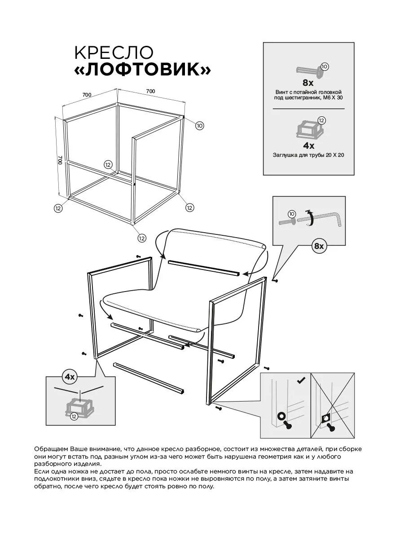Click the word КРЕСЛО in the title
pyautogui.click(x=114, y=52)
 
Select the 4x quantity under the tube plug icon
pyautogui.click(x=308, y=146)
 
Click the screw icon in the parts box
pyautogui.click(x=310, y=70)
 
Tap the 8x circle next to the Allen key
pyautogui.click(x=319, y=246)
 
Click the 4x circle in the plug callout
pyautogui.click(x=69, y=376)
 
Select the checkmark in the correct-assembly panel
pyautogui.click(x=301, y=381)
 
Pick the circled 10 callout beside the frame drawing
pyautogui.click(x=199, y=126)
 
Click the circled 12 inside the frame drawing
pyautogui.click(x=107, y=164)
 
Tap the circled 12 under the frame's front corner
pyautogui.click(x=142, y=238)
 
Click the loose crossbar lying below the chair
pyautogui.click(x=149, y=378)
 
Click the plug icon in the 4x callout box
pyautogui.click(x=80, y=406)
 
